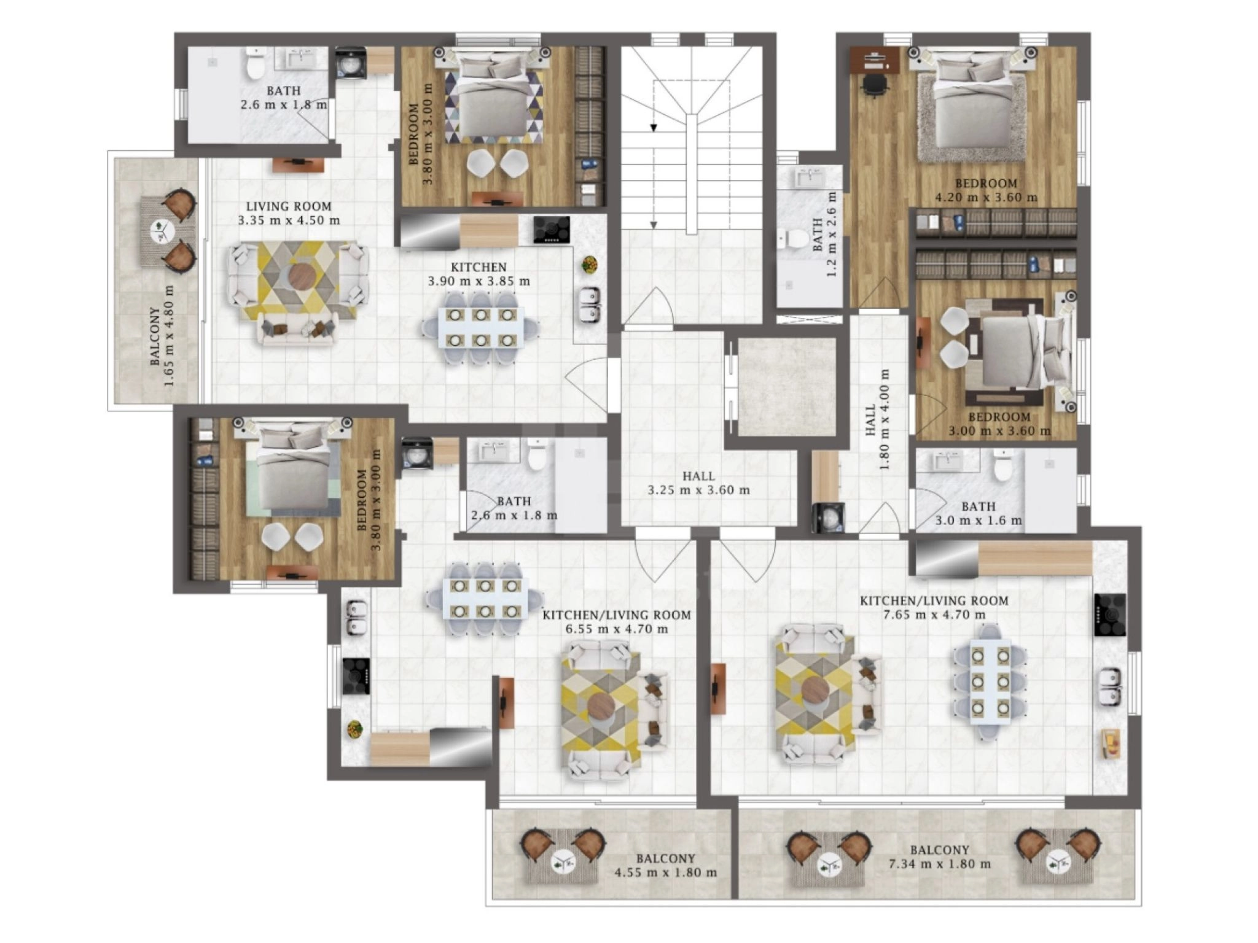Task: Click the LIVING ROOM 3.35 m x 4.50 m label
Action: [x=289, y=213]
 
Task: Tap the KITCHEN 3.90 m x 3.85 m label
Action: [x=479, y=274]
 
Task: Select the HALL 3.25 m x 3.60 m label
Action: [x=699, y=483]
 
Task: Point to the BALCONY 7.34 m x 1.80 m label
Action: [x=940, y=857]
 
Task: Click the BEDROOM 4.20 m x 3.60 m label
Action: [x=986, y=190]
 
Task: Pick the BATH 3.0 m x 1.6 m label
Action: [x=979, y=514]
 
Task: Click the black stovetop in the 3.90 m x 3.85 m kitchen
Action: [x=551, y=230]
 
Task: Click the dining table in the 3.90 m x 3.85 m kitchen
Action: [x=481, y=328]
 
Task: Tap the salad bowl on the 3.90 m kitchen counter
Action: [x=590, y=265]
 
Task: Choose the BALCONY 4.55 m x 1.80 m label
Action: [x=666, y=866]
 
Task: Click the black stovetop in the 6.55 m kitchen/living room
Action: [x=356, y=676]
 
